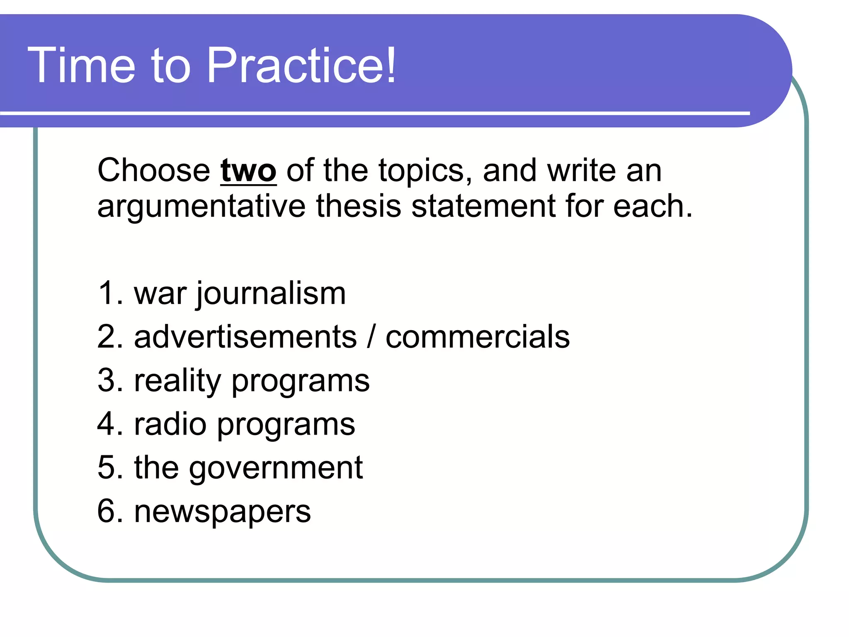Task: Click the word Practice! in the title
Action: click(x=301, y=66)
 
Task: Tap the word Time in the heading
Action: click(x=81, y=66)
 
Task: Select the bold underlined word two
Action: click(x=248, y=170)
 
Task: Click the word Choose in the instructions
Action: click(x=154, y=170)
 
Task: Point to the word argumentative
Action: click(x=201, y=207)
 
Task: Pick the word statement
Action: click(x=483, y=207)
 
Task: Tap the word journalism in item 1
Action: click(x=271, y=294)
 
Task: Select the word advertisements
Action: click(x=245, y=337)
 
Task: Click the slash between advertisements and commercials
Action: click(x=371, y=337)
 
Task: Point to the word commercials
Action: click(x=478, y=337)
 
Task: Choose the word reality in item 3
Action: click(x=177, y=381)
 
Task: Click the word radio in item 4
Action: click(x=170, y=424)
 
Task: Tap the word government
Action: click(x=276, y=468)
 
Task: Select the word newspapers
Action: click(x=222, y=512)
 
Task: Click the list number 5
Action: click(x=107, y=467)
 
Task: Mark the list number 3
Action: click(x=107, y=380)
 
